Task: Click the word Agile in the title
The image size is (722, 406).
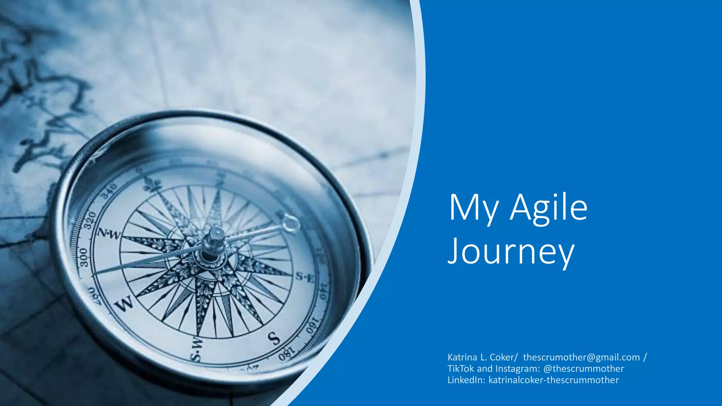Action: (549, 208)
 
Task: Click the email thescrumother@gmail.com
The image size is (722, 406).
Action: (581, 357)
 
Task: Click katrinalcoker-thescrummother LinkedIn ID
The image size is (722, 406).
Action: (553, 380)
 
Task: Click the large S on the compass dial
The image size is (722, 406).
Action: (274, 339)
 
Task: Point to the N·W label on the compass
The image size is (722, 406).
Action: (108, 234)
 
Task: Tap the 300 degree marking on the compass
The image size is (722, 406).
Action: (84, 257)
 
